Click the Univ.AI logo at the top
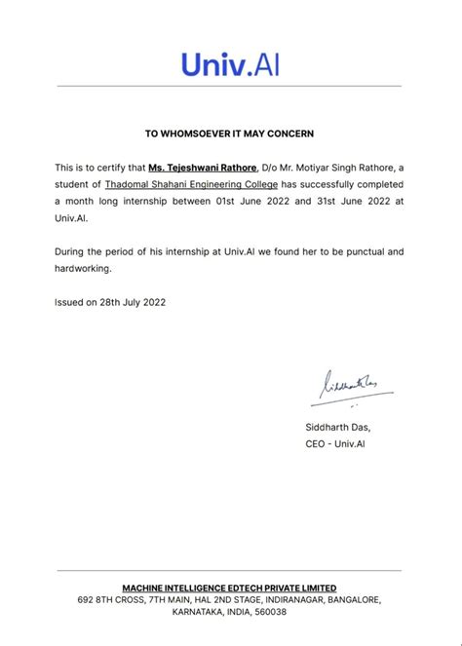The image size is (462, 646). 230,64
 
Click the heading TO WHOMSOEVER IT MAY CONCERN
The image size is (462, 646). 230,133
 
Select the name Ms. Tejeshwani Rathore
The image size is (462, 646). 204,168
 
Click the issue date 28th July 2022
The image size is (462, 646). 133,302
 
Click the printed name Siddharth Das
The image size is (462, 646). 337,427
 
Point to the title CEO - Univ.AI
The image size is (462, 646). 334,443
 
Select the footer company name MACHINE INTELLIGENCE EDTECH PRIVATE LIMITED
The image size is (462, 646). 230,588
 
